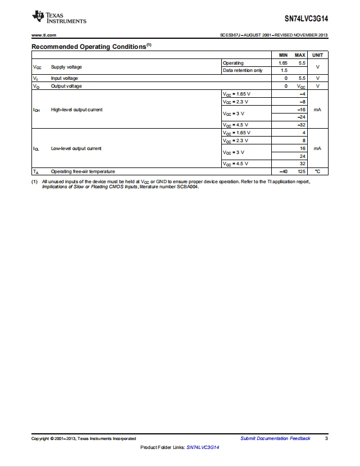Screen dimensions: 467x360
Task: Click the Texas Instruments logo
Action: (60, 17)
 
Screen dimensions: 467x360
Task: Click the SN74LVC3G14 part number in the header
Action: (306, 18)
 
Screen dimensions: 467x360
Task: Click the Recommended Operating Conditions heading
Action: (89, 47)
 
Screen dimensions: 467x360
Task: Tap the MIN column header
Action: (283, 55)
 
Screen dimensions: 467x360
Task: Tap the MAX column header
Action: (300, 55)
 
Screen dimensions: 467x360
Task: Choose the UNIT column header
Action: (318, 55)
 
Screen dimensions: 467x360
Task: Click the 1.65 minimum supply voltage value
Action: (283, 63)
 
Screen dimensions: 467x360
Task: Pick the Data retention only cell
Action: (243, 70)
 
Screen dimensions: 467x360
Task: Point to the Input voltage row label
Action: (65, 78)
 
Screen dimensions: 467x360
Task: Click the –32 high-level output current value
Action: (302, 125)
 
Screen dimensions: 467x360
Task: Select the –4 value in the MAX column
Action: (302, 94)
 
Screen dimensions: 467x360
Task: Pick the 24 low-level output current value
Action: (302, 156)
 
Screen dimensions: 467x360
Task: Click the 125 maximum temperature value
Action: (301, 171)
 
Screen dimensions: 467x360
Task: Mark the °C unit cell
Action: (317, 171)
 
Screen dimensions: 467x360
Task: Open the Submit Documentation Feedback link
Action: (275, 438)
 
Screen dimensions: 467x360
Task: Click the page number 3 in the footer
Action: (326, 438)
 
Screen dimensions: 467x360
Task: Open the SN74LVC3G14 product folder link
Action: (203, 447)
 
